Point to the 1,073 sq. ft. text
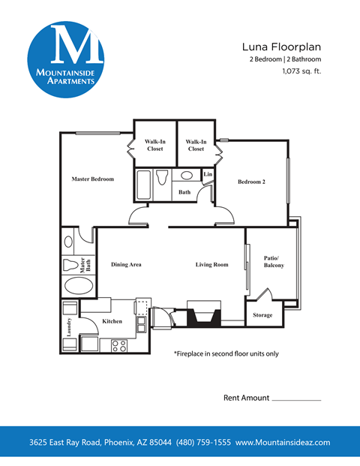pyautogui.click(x=301, y=72)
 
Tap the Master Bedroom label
pyautogui.click(x=92, y=179)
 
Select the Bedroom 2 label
pyautogui.click(x=251, y=182)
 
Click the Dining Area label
pyautogui.click(x=126, y=264)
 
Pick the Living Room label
pyautogui.click(x=211, y=264)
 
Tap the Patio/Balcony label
pyautogui.click(x=274, y=262)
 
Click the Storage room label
pyautogui.click(x=262, y=314)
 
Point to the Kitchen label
pyautogui.click(x=112, y=321)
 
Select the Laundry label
pyautogui.click(x=68, y=323)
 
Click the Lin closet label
pyautogui.click(x=208, y=175)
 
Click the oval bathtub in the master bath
pyautogui.click(x=78, y=287)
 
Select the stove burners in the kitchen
pyautogui.click(x=118, y=346)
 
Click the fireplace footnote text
pyautogui.click(x=226, y=353)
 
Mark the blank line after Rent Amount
pyautogui.click(x=296, y=400)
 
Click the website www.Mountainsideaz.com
pyautogui.click(x=283, y=442)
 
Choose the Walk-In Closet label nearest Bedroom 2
pyautogui.click(x=196, y=146)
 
